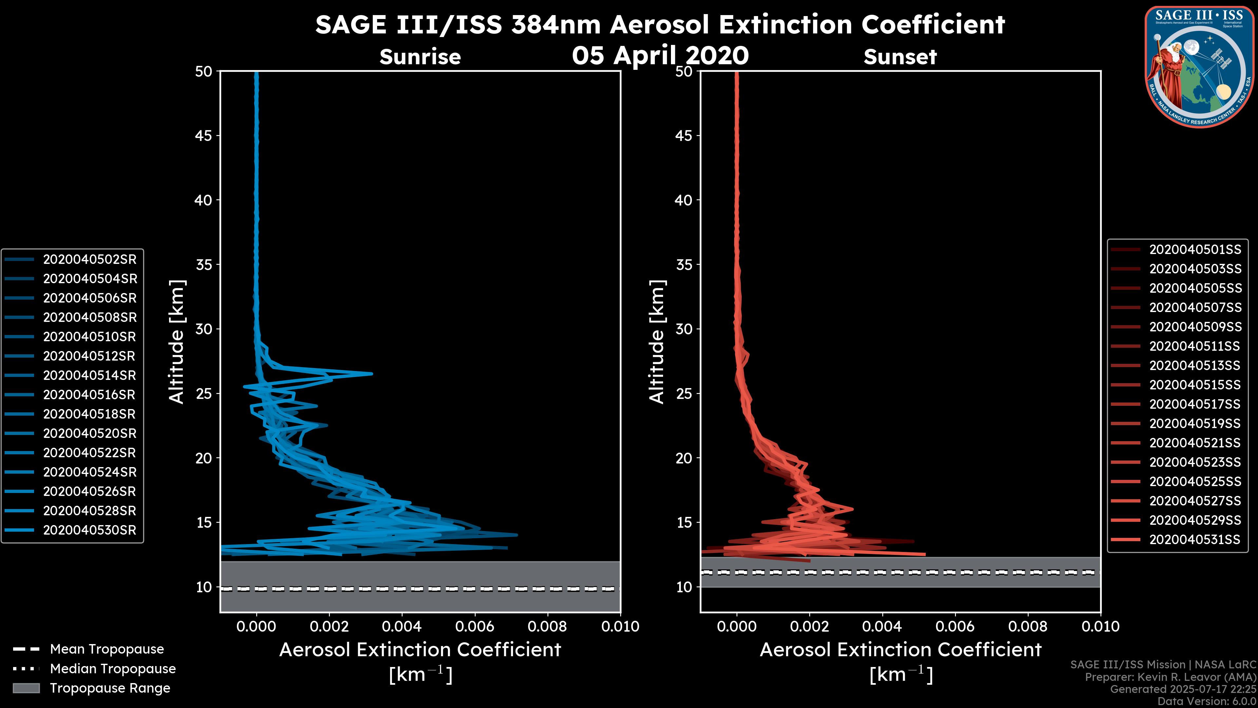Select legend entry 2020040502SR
tap(90, 260)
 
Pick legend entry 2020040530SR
tap(90, 530)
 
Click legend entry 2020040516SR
tap(90, 395)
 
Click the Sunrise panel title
tap(420, 57)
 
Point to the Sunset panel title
tap(900, 57)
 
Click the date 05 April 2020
tap(660, 55)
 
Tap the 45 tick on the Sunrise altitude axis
tap(204, 135)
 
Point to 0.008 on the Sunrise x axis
tap(547, 626)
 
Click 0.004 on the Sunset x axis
tap(882, 626)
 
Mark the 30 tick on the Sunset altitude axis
tap(684, 329)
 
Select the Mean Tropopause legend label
tap(107, 649)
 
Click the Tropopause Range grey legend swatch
tap(26, 688)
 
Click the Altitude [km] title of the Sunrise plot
tap(177, 342)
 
